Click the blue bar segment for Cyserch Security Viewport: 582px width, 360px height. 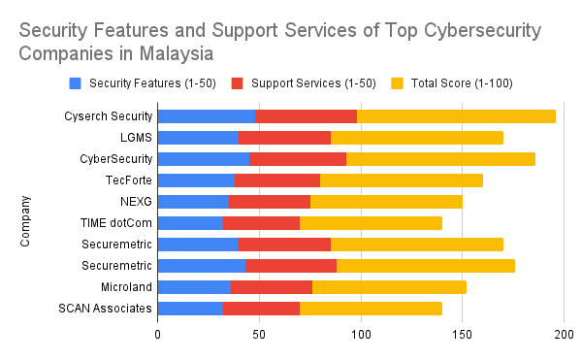point(206,116)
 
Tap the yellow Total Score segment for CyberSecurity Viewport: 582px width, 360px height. point(440,159)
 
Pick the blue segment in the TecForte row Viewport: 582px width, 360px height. point(195,180)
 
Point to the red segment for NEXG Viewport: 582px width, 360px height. point(269,202)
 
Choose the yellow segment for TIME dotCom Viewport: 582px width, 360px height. point(371,223)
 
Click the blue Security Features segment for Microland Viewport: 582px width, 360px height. point(193,287)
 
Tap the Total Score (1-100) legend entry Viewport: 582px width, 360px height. point(456,84)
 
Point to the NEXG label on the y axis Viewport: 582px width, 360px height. point(134,202)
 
